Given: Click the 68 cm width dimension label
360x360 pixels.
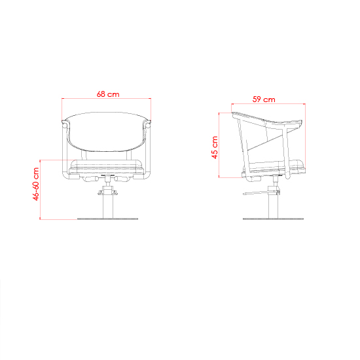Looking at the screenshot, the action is [x=108, y=94].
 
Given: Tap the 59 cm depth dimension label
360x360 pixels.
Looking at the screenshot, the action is [x=264, y=99].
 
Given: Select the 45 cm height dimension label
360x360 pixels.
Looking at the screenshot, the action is [x=215, y=147].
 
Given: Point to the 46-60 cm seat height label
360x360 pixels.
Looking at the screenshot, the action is [x=36, y=184].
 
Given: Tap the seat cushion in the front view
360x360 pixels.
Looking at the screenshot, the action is [x=106, y=168].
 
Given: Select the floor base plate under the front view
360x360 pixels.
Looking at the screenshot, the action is [x=108, y=219].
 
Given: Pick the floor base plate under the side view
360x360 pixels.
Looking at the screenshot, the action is [x=273, y=219].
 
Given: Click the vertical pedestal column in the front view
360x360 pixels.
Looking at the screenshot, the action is [x=108, y=206].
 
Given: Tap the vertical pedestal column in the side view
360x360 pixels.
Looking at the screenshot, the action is [x=273, y=206].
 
